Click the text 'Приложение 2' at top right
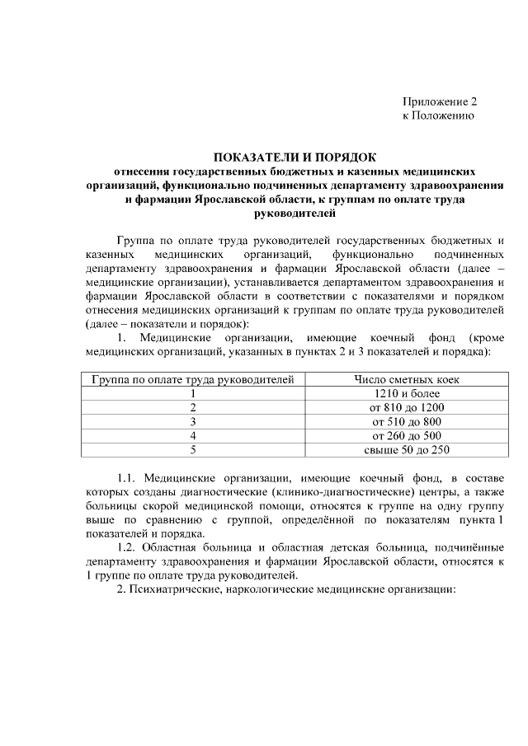(x=440, y=102)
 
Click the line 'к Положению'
(x=438, y=117)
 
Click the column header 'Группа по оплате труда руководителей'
(x=193, y=380)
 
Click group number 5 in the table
(x=193, y=450)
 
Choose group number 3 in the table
(x=193, y=422)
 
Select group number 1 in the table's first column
(x=193, y=394)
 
